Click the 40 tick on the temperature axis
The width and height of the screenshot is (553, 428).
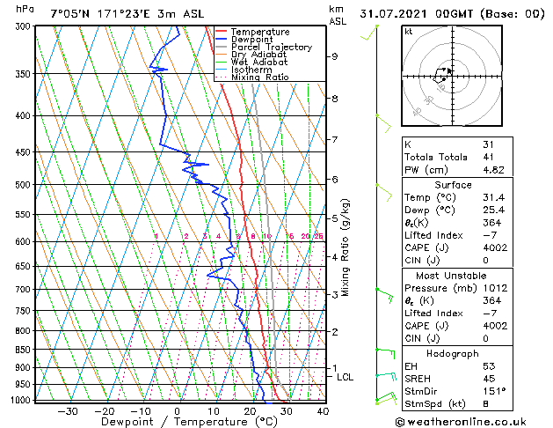click(323, 411)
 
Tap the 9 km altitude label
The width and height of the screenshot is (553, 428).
click(335, 56)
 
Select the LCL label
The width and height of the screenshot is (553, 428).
click(346, 377)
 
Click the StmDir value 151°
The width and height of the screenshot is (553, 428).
click(494, 390)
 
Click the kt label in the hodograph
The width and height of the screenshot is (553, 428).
click(408, 31)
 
